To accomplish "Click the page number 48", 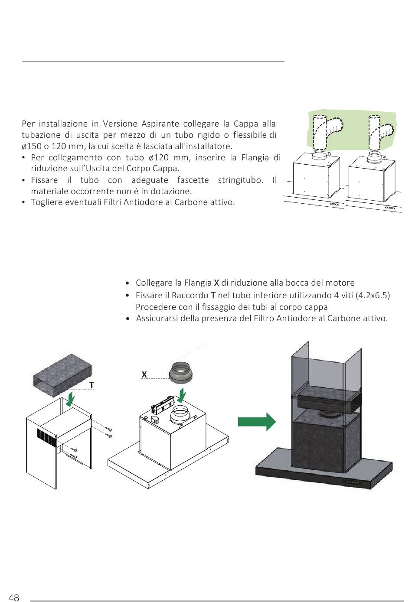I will pos(14,598).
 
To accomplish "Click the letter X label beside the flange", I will pos(144,374).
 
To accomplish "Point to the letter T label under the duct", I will pos(92,385).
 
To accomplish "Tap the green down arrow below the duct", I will pos(69,399).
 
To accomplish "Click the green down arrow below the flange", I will pos(183,395).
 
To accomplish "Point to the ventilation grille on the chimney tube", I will pos(47,438).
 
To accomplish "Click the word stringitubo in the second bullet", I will pos(241,180).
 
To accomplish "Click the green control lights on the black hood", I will pos(353,482).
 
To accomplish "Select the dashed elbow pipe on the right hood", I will pos(381,131).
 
